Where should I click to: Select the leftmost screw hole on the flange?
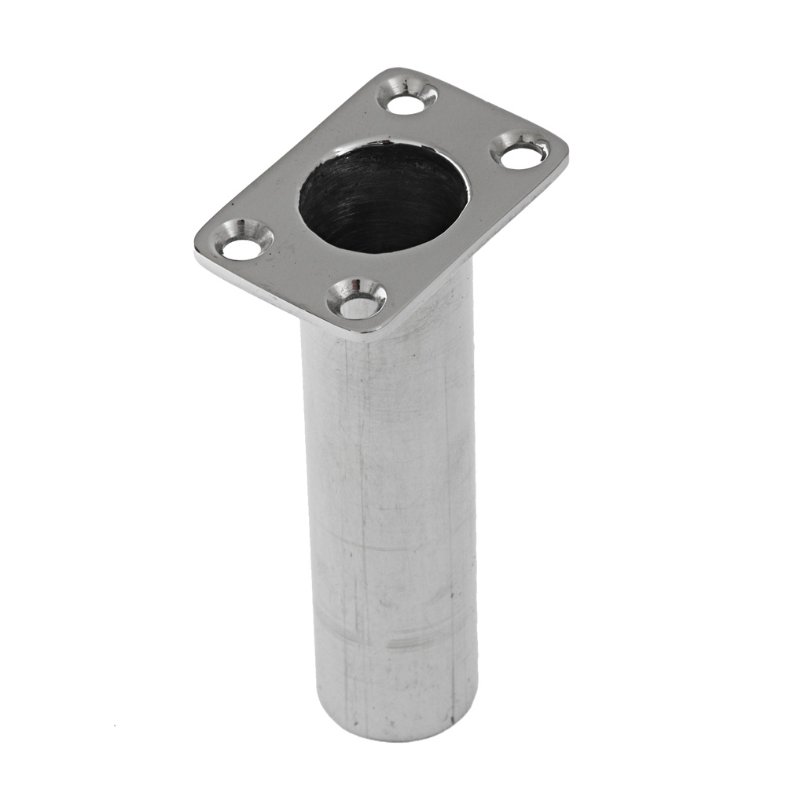241,249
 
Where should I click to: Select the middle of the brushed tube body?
389,503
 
